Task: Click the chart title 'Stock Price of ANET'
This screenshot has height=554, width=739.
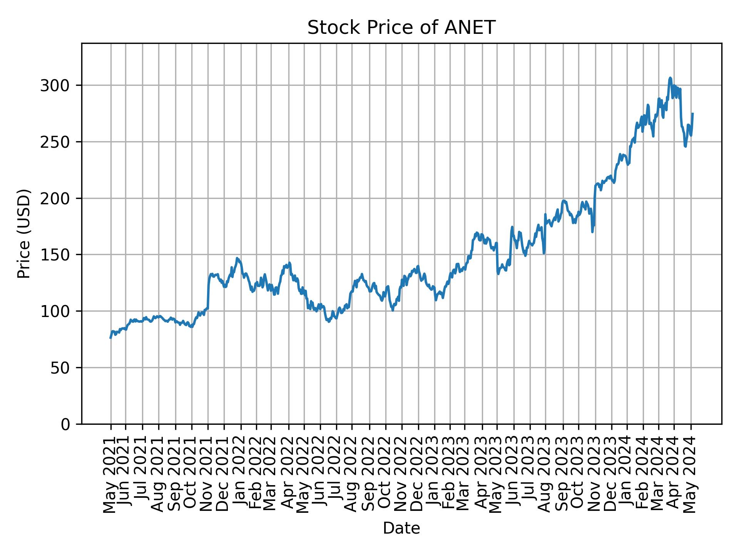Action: (x=401, y=28)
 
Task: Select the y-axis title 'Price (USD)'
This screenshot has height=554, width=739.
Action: (x=24, y=234)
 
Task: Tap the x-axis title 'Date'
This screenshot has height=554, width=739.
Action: (x=401, y=528)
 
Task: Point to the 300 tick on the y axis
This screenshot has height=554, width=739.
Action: (x=57, y=85)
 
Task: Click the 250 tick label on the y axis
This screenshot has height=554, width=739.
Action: (x=57, y=142)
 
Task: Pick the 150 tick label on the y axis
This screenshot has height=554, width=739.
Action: (x=57, y=255)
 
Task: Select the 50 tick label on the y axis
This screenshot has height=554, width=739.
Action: (x=62, y=368)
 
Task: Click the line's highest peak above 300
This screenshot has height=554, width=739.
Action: (x=670, y=78)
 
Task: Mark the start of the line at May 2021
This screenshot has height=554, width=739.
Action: (x=110, y=338)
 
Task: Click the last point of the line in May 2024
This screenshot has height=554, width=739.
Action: (x=693, y=113)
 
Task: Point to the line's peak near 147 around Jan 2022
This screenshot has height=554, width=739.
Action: (x=237, y=258)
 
